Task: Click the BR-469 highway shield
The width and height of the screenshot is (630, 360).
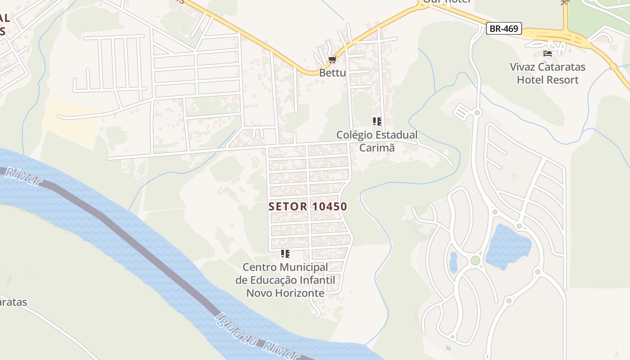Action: [x=504, y=29]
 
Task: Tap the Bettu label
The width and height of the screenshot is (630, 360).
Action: [x=333, y=72]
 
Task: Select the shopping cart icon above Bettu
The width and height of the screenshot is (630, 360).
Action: [x=333, y=60]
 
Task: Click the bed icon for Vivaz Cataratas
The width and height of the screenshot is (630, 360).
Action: [x=547, y=54]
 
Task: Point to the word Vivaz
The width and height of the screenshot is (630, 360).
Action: [x=524, y=67]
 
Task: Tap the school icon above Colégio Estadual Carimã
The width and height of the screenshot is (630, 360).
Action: [x=377, y=121]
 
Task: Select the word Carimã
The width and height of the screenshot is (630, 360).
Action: [x=377, y=148]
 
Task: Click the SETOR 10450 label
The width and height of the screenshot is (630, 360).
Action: [x=308, y=207]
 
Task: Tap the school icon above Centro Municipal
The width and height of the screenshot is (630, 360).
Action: [x=285, y=254]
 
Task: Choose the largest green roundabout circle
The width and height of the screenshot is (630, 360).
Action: [x=475, y=261]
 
